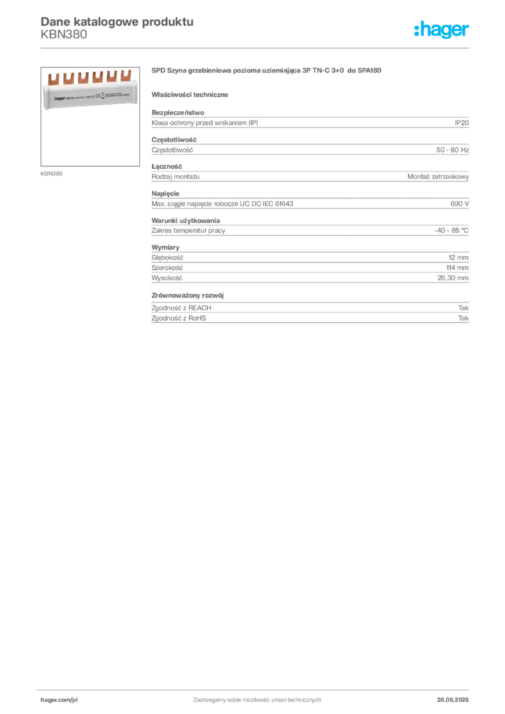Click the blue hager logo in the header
point(442,30)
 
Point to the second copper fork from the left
point(68,77)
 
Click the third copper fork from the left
point(82,76)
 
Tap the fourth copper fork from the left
point(96,75)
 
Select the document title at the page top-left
point(116,21)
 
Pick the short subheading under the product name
point(192,94)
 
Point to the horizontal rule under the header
point(257,47)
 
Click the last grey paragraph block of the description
point(309,311)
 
